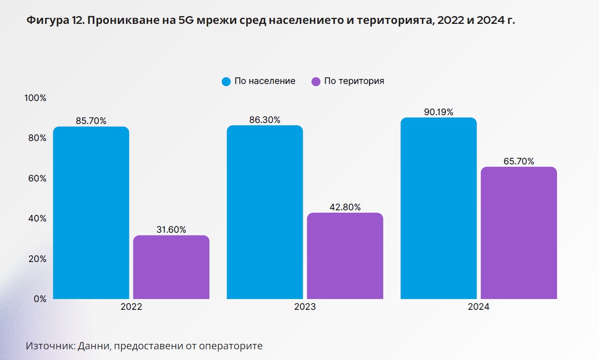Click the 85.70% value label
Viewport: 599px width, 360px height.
[91, 121]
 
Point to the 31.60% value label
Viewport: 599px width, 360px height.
[171, 230]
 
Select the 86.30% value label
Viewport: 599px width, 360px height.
[265, 120]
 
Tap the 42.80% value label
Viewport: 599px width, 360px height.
[345, 207]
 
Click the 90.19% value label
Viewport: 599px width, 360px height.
[438, 112]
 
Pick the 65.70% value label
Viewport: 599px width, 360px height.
[518, 161]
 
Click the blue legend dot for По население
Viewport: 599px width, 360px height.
[226, 81]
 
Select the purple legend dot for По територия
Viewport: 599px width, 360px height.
[315, 81]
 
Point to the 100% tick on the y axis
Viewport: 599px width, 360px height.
[35, 98]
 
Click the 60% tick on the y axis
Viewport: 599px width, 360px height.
[37, 179]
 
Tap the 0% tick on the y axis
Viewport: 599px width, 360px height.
[39, 299]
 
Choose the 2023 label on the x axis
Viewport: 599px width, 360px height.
[305, 307]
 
